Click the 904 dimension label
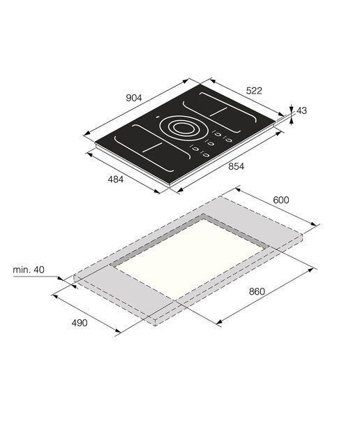coord(133,98)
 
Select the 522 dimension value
coord(254,91)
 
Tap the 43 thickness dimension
coord(301,110)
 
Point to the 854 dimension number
coord(236,166)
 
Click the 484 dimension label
coord(115,179)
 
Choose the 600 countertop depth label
coord(281,200)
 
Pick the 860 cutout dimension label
coord(257,291)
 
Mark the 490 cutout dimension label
coord(79,323)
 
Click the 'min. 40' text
coord(29,270)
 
